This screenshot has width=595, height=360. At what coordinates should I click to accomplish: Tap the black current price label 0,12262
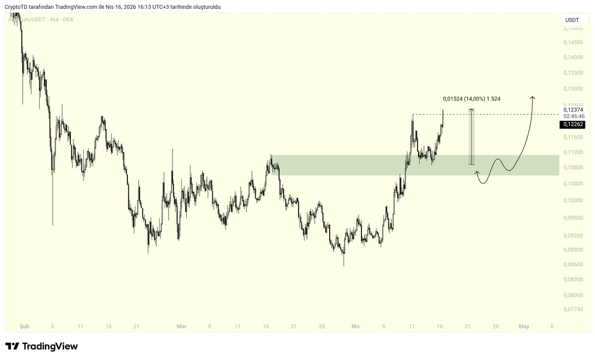tap(573, 124)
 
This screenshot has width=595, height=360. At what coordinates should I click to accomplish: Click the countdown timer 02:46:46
tap(574, 116)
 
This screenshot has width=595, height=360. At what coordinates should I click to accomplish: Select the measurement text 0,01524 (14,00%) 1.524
tap(471, 99)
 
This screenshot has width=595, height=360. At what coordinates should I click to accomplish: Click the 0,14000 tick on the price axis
tap(573, 58)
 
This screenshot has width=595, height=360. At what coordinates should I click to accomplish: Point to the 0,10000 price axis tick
tap(573, 200)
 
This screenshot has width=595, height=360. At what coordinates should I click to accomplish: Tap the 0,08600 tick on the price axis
tap(573, 265)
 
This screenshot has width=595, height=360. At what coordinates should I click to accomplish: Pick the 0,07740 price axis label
tap(573, 309)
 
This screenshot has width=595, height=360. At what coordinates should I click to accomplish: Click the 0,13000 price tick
tap(573, 89)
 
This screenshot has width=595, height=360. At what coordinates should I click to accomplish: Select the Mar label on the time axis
tap(181, 326)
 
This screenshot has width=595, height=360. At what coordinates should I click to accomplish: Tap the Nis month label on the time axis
tap(355, 326)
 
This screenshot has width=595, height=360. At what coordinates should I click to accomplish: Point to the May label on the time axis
tap(524, 326)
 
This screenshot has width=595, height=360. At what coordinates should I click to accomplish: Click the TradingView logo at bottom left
tap(42, 346)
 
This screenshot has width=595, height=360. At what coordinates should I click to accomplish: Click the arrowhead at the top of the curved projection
tap(533, 97)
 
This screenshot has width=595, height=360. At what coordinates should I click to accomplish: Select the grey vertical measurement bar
tap(472, 137)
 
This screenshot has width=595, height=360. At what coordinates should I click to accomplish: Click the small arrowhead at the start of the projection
tap(477, 173)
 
